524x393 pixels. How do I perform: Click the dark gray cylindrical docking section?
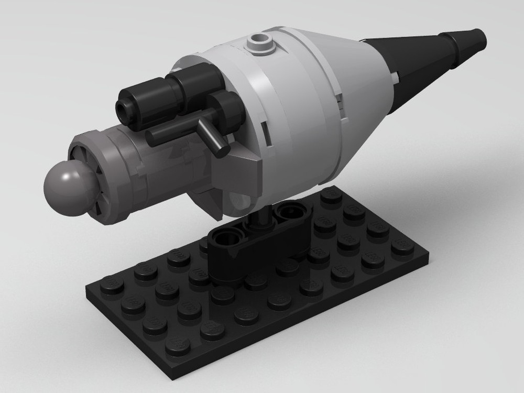point(147,168)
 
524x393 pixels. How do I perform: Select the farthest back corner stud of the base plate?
point(331,195)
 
